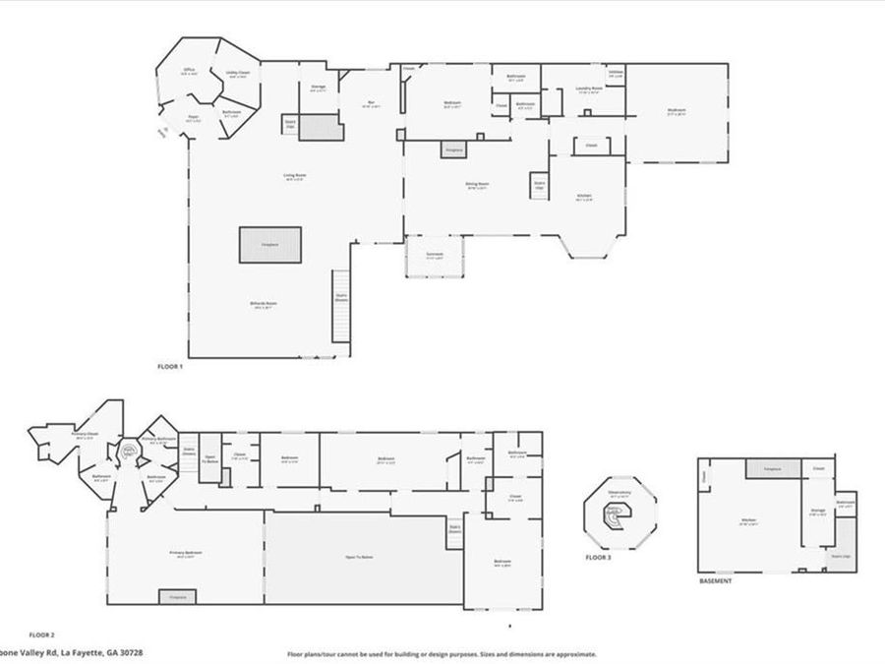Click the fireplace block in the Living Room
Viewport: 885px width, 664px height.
[270, 245]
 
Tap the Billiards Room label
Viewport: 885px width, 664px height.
[263, 304]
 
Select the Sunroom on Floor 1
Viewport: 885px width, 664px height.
[435, 256]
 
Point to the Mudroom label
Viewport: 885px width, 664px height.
[676, 111]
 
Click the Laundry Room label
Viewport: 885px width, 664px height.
[589, 90]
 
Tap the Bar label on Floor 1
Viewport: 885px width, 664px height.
[371, 104]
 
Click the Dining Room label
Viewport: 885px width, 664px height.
[478, 184]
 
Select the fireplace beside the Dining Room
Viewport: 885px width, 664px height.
[453, 150]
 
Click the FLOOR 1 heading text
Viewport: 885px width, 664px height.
[170, 366]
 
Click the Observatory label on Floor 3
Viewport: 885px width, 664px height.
[619, 495]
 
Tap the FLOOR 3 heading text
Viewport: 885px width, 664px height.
[598, 558]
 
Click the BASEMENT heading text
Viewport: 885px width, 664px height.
[715, 581]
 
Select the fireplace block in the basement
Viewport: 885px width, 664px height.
[772, 469]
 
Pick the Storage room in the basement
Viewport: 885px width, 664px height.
[817, 512]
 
